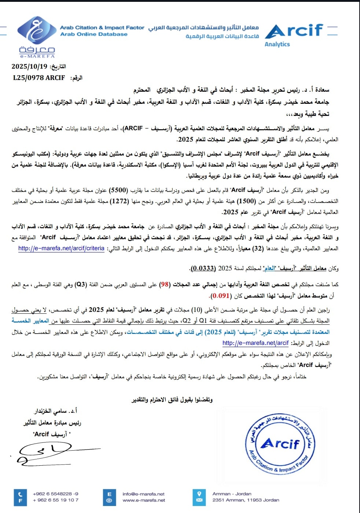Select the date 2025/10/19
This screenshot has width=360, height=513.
tap(29, 66)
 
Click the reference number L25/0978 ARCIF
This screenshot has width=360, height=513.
tap(39, 78)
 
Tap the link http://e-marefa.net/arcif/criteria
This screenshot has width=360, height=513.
tap(61, 248)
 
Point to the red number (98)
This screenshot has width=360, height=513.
tap(165, 284)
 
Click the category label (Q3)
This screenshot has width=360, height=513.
tap(80, 284)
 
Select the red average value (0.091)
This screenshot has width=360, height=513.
tap(221, 295)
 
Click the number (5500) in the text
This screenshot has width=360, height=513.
tap(119, 190)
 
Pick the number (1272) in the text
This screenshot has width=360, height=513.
tap(119, 201)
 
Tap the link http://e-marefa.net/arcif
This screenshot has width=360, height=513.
tap(256, 343)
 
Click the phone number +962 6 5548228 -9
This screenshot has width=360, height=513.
tap(55, 494)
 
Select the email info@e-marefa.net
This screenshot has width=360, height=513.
tap(143, 494)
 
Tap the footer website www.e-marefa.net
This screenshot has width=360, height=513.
tap(144, 500)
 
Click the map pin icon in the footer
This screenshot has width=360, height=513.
tap(199, 494)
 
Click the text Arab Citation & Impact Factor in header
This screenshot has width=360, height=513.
tap(102, 28)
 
